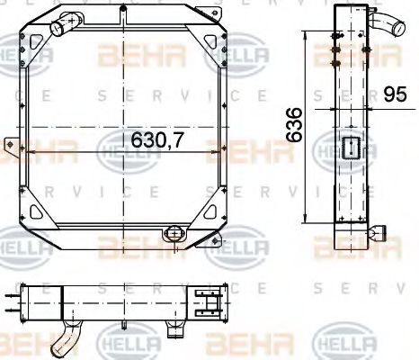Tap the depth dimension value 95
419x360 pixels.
pyautogui.click(x=390, y=93)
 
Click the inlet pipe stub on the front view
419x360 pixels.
pyautogui.click(x=63, y=28)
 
